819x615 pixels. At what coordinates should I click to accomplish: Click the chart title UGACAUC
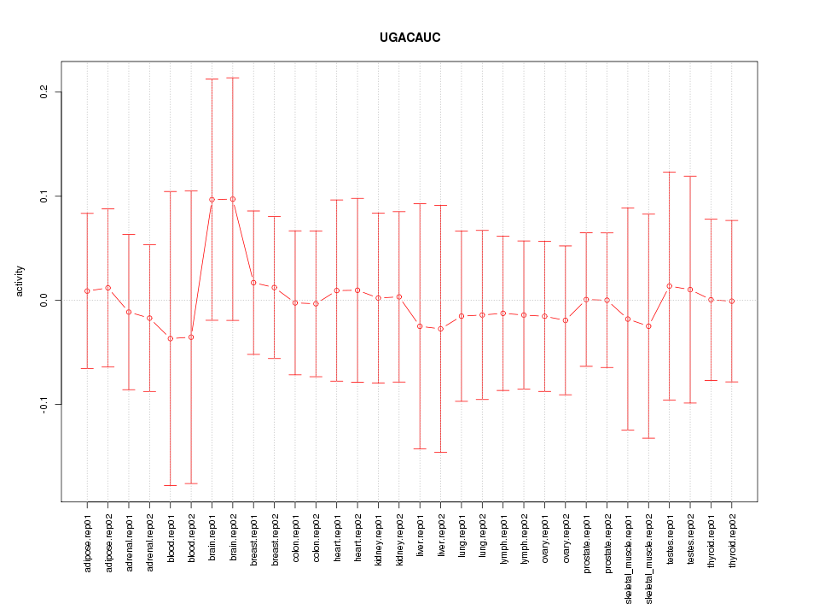409,38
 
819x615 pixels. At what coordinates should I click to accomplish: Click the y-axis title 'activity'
20,281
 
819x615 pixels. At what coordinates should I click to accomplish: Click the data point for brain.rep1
212,200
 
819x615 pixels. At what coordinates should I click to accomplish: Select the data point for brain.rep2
233,199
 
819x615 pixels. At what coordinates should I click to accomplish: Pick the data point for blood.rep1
171,338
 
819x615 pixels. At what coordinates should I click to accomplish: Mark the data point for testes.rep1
670,286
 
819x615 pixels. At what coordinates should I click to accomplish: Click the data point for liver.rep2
441,329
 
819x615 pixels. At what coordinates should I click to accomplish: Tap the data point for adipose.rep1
87,291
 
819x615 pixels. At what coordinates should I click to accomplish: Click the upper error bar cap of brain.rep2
233,78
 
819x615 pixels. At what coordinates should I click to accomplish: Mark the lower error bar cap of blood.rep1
171,485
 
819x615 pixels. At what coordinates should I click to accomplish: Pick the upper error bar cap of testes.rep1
670,172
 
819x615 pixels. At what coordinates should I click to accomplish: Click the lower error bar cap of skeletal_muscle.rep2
649,438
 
